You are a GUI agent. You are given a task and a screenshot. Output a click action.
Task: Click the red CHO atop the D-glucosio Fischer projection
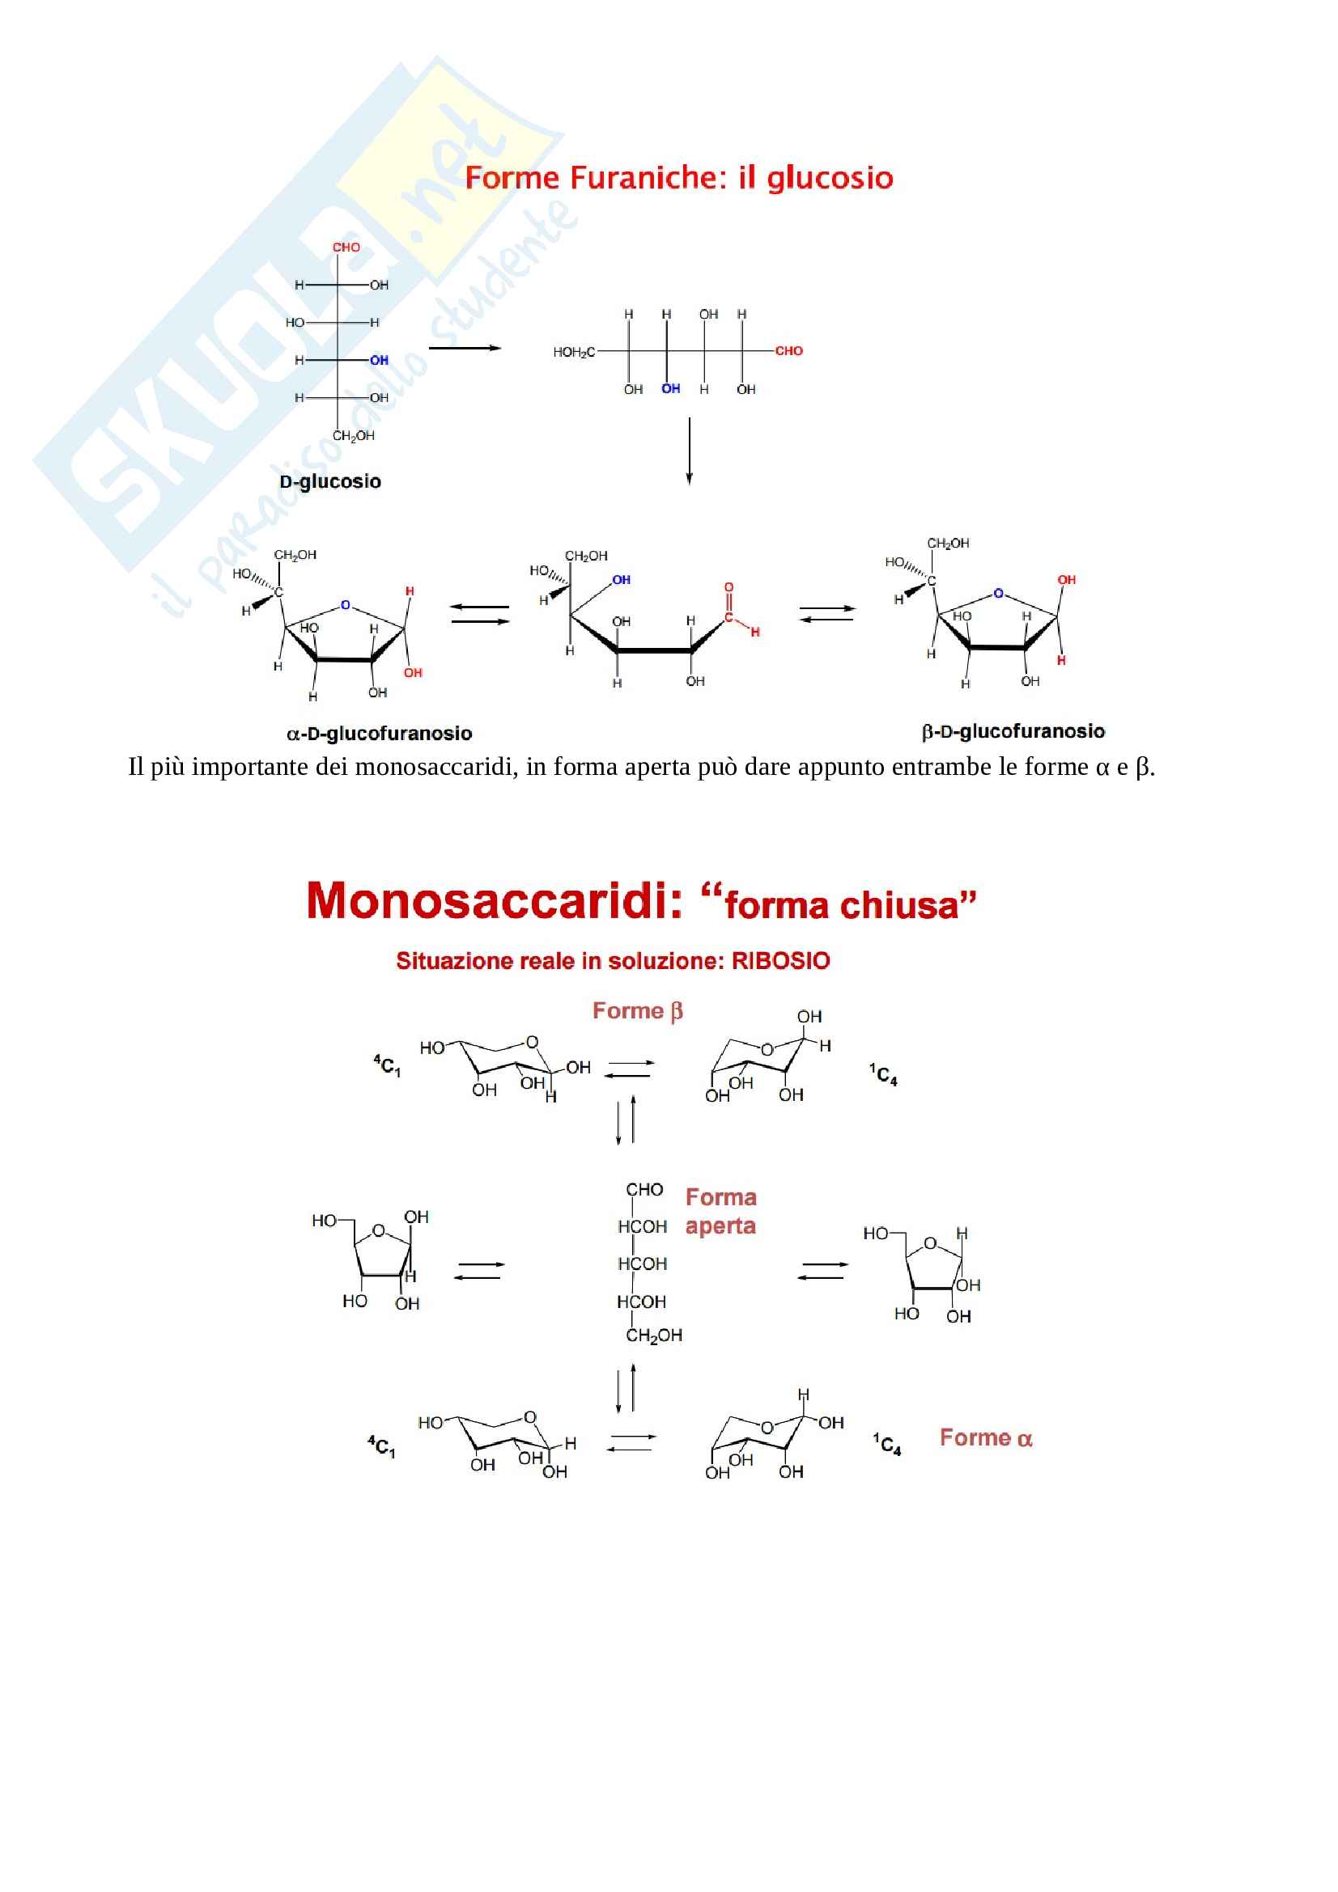click(346, 248)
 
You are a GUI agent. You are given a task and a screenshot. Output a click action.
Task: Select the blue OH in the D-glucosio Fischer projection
click(380, 360)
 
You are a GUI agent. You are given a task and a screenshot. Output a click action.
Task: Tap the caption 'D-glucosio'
click(329, 482)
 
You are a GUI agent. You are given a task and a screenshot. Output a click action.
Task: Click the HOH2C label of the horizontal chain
click(574, 353)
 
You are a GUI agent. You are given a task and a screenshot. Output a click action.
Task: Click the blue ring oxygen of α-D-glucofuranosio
click(346, 605)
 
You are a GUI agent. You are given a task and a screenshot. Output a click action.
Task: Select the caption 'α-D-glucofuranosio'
click(380, 734)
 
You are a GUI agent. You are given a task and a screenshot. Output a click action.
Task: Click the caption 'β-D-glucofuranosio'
click(1013, 731)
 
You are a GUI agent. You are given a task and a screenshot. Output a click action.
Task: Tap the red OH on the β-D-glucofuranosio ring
click(1067, 580)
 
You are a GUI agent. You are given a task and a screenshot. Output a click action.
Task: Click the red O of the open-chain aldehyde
click(728, 587)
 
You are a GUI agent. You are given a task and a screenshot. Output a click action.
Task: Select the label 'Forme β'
click(637, 1011)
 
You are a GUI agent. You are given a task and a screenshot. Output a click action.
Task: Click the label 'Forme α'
click(986, 1438)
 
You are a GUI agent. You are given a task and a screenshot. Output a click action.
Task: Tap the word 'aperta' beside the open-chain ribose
click(720, 1226)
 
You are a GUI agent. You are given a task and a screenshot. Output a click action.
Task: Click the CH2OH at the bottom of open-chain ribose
click(654, 1335)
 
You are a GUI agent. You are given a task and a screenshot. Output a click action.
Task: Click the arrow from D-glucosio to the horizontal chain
click(465, 348)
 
